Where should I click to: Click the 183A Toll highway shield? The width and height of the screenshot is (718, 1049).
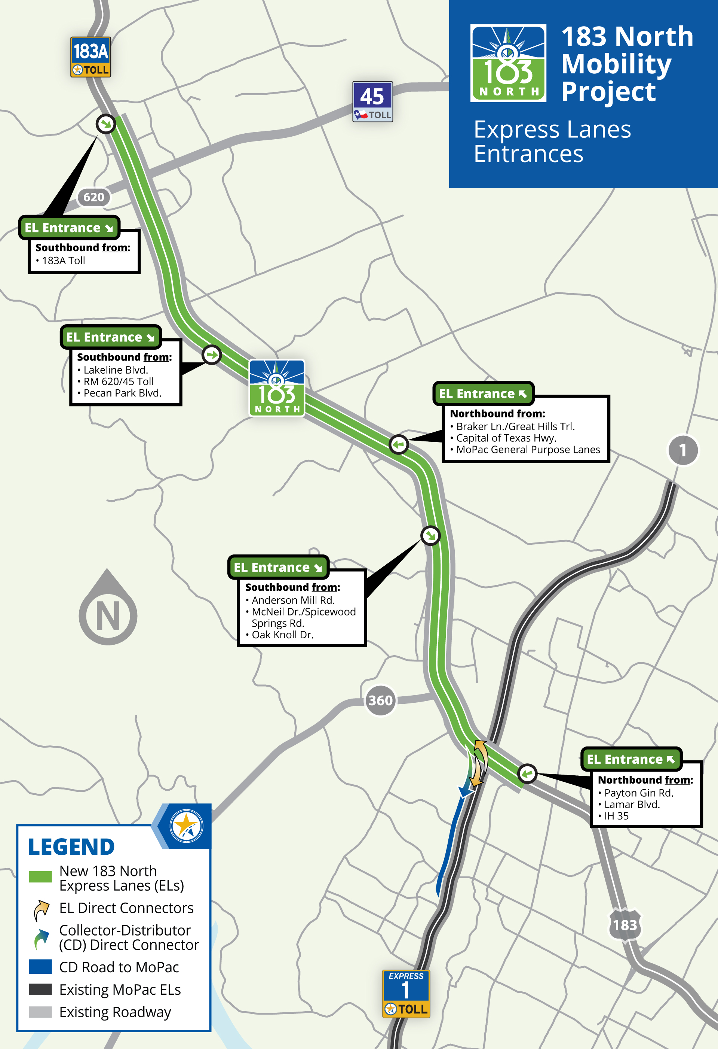pyautogui.click(x=90, y=57)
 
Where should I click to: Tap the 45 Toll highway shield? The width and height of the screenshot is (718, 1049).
pyautogui.click(x=372, y=101)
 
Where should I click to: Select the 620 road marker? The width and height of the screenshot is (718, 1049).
pyautogui.click(x=93, y=197)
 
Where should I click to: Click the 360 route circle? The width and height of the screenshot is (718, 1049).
pyautogui.click(x=380, y=700)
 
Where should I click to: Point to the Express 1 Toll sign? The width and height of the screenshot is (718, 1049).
pyautogui.click(x=406, y=994)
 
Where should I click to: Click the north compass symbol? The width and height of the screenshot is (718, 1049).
pyautogui.click(x=108, y=609)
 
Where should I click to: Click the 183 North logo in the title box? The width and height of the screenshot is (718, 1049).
pyautogui.click(x=508, y=63)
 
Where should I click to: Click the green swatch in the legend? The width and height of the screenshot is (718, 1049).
pyautogui.click(x=40, y=876)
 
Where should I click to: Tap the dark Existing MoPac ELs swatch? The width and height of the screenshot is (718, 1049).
pyautogui.click(x=40, y=989)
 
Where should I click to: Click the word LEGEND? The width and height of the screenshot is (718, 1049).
pyautogui.click(x=71, y=847)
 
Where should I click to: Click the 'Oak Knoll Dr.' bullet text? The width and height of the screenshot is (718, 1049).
pyautogui.click(x=282, y=635)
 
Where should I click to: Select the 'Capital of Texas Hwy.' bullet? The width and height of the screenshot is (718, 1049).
pyautogui.click(x=506, y=438)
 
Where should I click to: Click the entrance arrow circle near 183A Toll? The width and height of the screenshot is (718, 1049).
pyautogui.click(x=106, y=123)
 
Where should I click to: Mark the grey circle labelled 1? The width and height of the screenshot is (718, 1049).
pyautogui.click(x=683, y=450)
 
